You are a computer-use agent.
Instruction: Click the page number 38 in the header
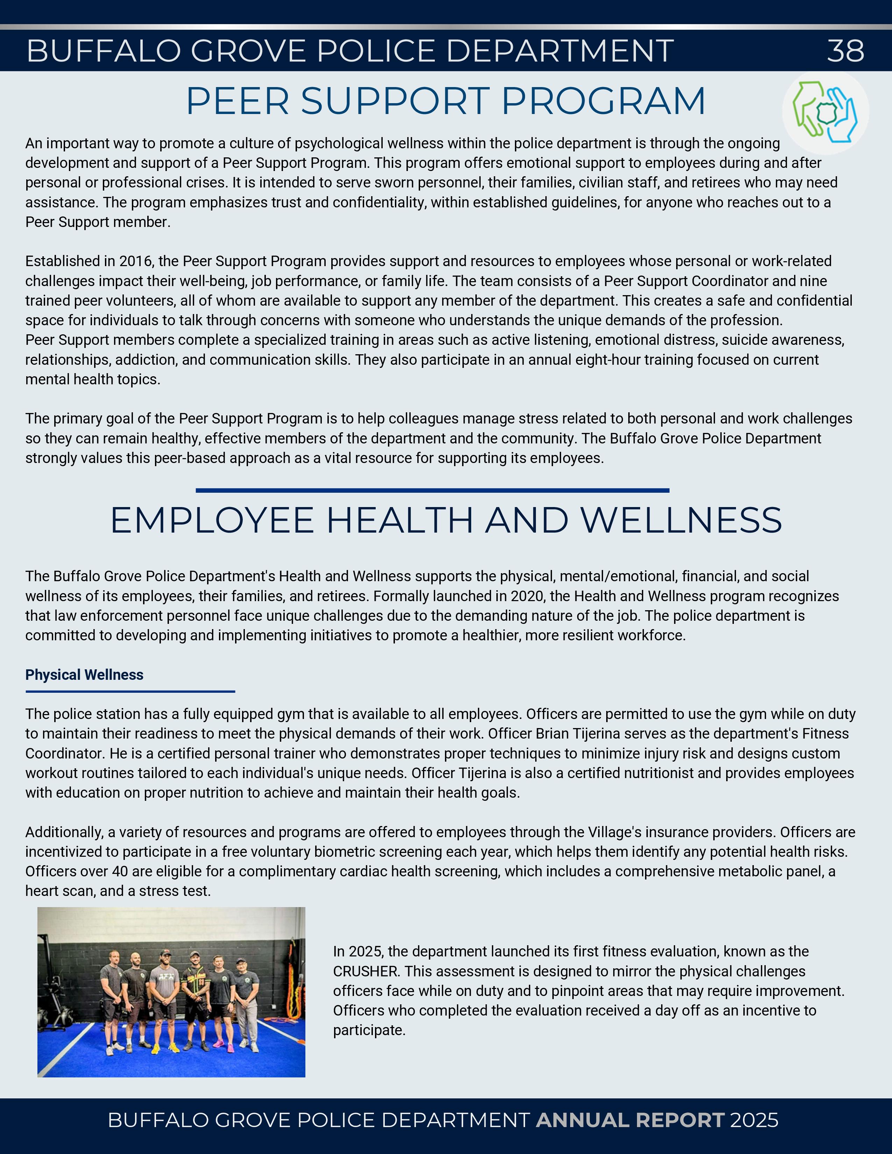[x=845, y=51]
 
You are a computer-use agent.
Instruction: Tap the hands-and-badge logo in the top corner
[x=826, y=112]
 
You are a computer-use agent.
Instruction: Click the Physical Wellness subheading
[x=85, y=675]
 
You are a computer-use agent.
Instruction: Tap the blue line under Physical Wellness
[x=130, y=691]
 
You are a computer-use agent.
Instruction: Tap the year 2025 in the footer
[x=754, y=1120]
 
